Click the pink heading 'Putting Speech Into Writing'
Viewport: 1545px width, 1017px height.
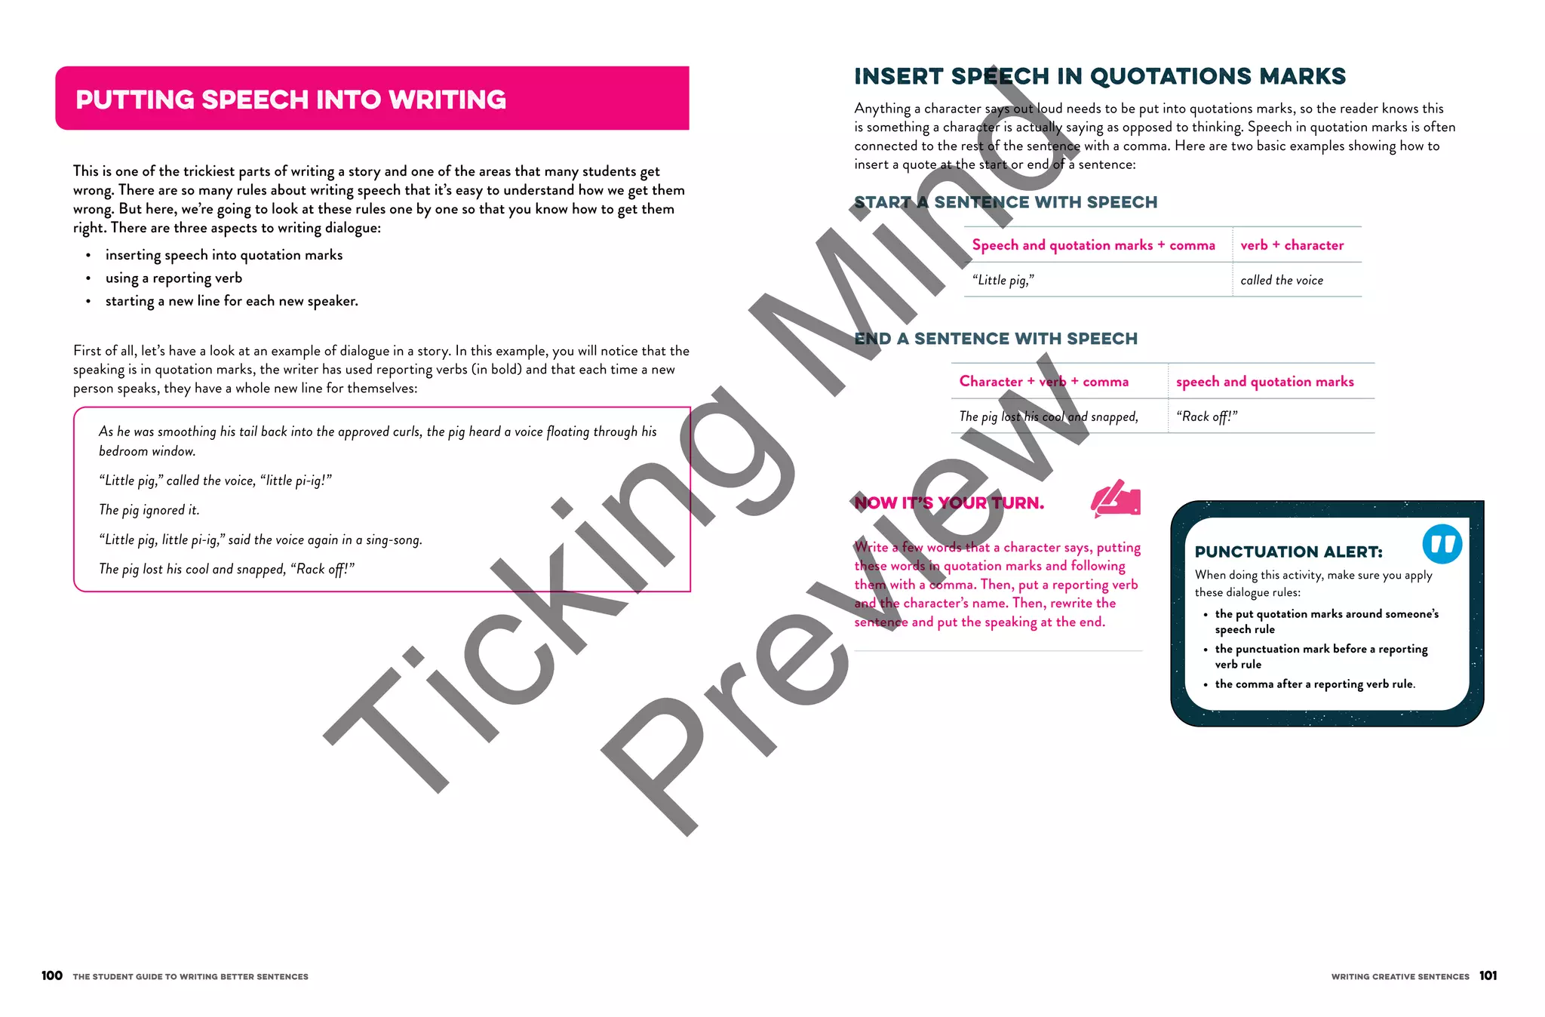(x=290, y=100)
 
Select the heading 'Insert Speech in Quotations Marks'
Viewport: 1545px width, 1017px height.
(x=1099, y=76)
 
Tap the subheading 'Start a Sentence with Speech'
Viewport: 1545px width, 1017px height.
(x=1006, y=202)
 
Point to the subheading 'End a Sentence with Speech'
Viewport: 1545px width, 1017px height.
(x=996, y=339)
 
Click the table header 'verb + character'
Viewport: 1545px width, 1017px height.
(x=1292, y=245)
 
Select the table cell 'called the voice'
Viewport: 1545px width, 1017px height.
(x=1282, y=281)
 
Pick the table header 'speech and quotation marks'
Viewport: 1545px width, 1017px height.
(x=1264, y=382)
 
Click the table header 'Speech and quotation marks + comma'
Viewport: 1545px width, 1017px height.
(x=1093, y=245)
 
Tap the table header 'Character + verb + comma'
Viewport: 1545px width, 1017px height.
(x=1043, y=382)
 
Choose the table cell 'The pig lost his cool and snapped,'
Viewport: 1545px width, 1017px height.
(x=1048, y=416)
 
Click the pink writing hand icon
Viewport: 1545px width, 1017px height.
(x=1116, y=499)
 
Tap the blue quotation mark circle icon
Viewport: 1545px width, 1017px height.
(x=1442, y=544)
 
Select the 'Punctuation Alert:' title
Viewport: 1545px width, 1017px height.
(x=1289, y=552)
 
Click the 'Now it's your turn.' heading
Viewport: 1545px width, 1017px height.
(x=949, y=503)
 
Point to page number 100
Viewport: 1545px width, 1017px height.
(x=52, y=976)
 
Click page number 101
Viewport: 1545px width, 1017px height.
(x=1488, y=976)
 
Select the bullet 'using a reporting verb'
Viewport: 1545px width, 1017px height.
(x=174, y=278)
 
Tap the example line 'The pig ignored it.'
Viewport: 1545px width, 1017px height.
(x=149, y=510)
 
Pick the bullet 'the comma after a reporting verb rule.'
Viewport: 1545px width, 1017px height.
(x=1315, y=684)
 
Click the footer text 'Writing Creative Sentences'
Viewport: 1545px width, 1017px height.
(x=1400, y=976)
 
